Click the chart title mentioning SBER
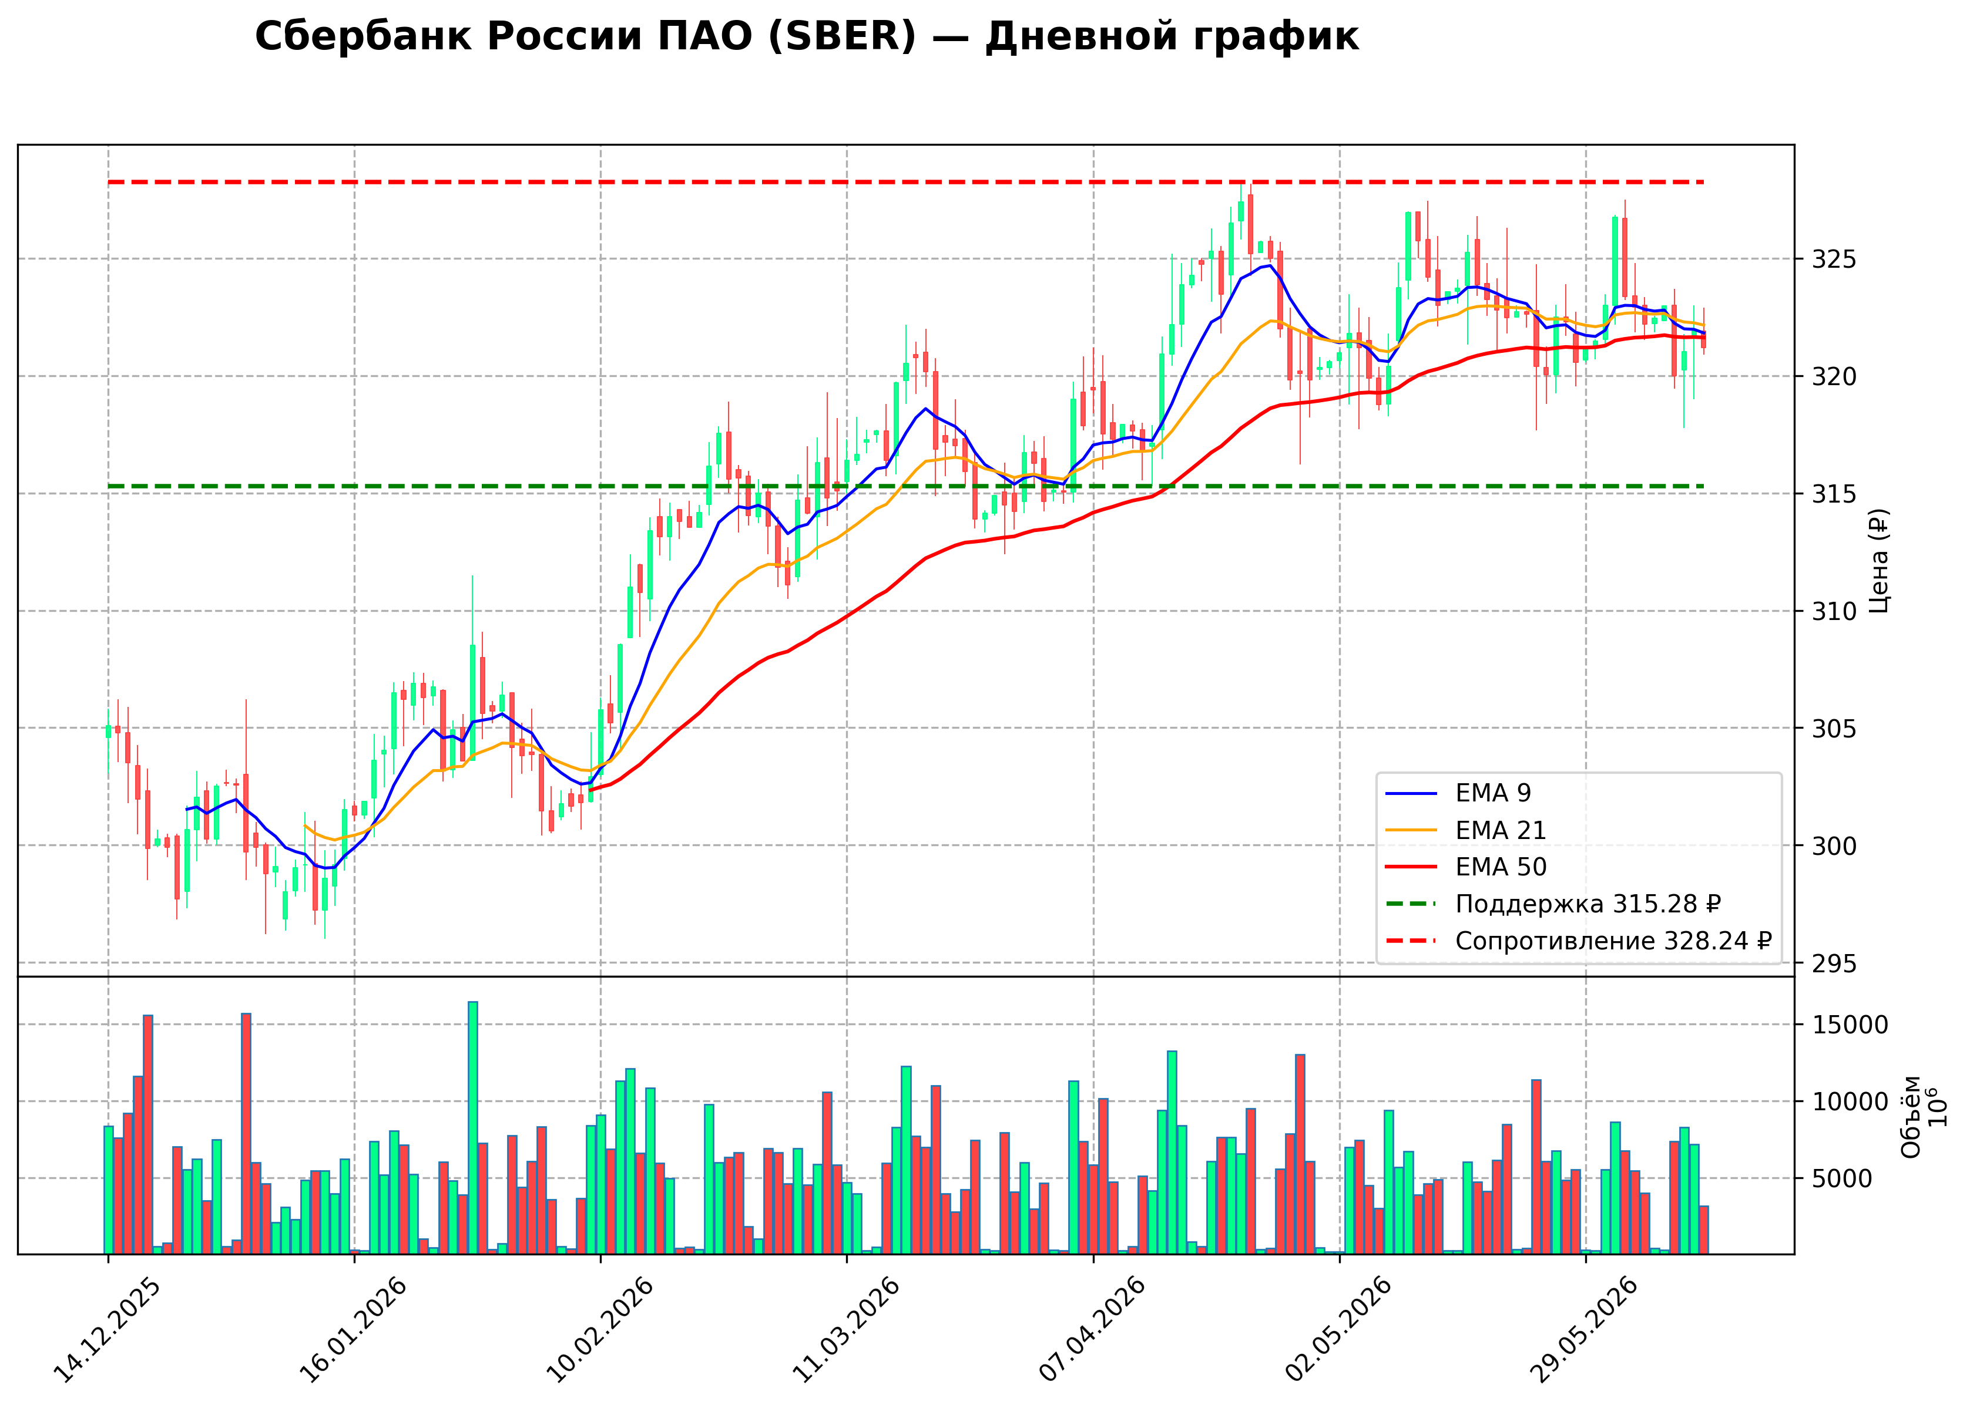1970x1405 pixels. coord(806,37)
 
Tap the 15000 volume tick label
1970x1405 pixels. coord(1848,1025)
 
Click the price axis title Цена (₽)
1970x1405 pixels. coord(1878,561)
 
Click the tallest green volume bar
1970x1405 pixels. coord(472,1127)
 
